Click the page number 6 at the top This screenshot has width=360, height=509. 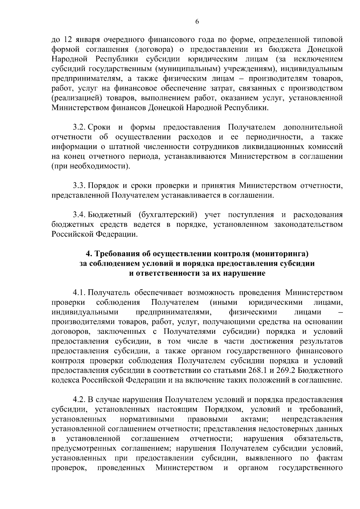[x=197, y=22]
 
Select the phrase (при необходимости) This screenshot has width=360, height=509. [x=91, y=166]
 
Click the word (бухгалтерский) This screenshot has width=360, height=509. [x=168, y=215]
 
